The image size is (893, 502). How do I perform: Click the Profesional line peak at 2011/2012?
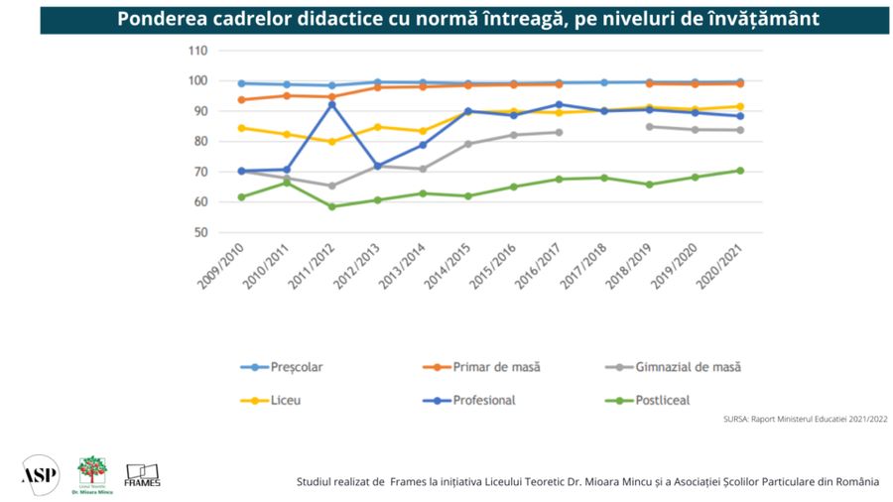pos(331,104)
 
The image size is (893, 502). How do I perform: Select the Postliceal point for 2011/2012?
pos(331,206)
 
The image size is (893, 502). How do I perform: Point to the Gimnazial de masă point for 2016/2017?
pos(559,132)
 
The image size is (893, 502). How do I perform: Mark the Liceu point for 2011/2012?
pos(331,141)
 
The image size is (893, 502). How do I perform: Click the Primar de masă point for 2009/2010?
pos(241,99)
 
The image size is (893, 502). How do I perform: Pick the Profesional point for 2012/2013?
pos(377,166)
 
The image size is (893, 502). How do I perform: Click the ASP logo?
pos(40,473)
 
